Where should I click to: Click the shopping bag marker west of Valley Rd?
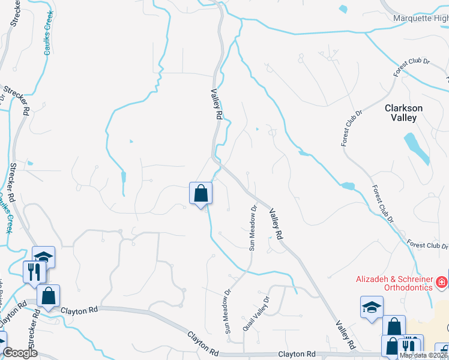point(201,193)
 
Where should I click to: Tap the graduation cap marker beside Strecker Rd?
point(43,257)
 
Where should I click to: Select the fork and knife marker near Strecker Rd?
point(34,271)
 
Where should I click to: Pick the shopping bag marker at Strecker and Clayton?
point(48,296)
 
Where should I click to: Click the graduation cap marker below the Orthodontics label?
point(372,308)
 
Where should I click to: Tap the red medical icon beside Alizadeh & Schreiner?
point(441,281)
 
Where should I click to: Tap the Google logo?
point(20,353)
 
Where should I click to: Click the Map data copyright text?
point(424,355)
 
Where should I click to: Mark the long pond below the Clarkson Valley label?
point(417,148)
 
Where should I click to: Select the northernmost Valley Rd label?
point(217,103)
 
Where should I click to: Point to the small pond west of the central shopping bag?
point(124,178)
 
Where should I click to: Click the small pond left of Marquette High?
point(343,9)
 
